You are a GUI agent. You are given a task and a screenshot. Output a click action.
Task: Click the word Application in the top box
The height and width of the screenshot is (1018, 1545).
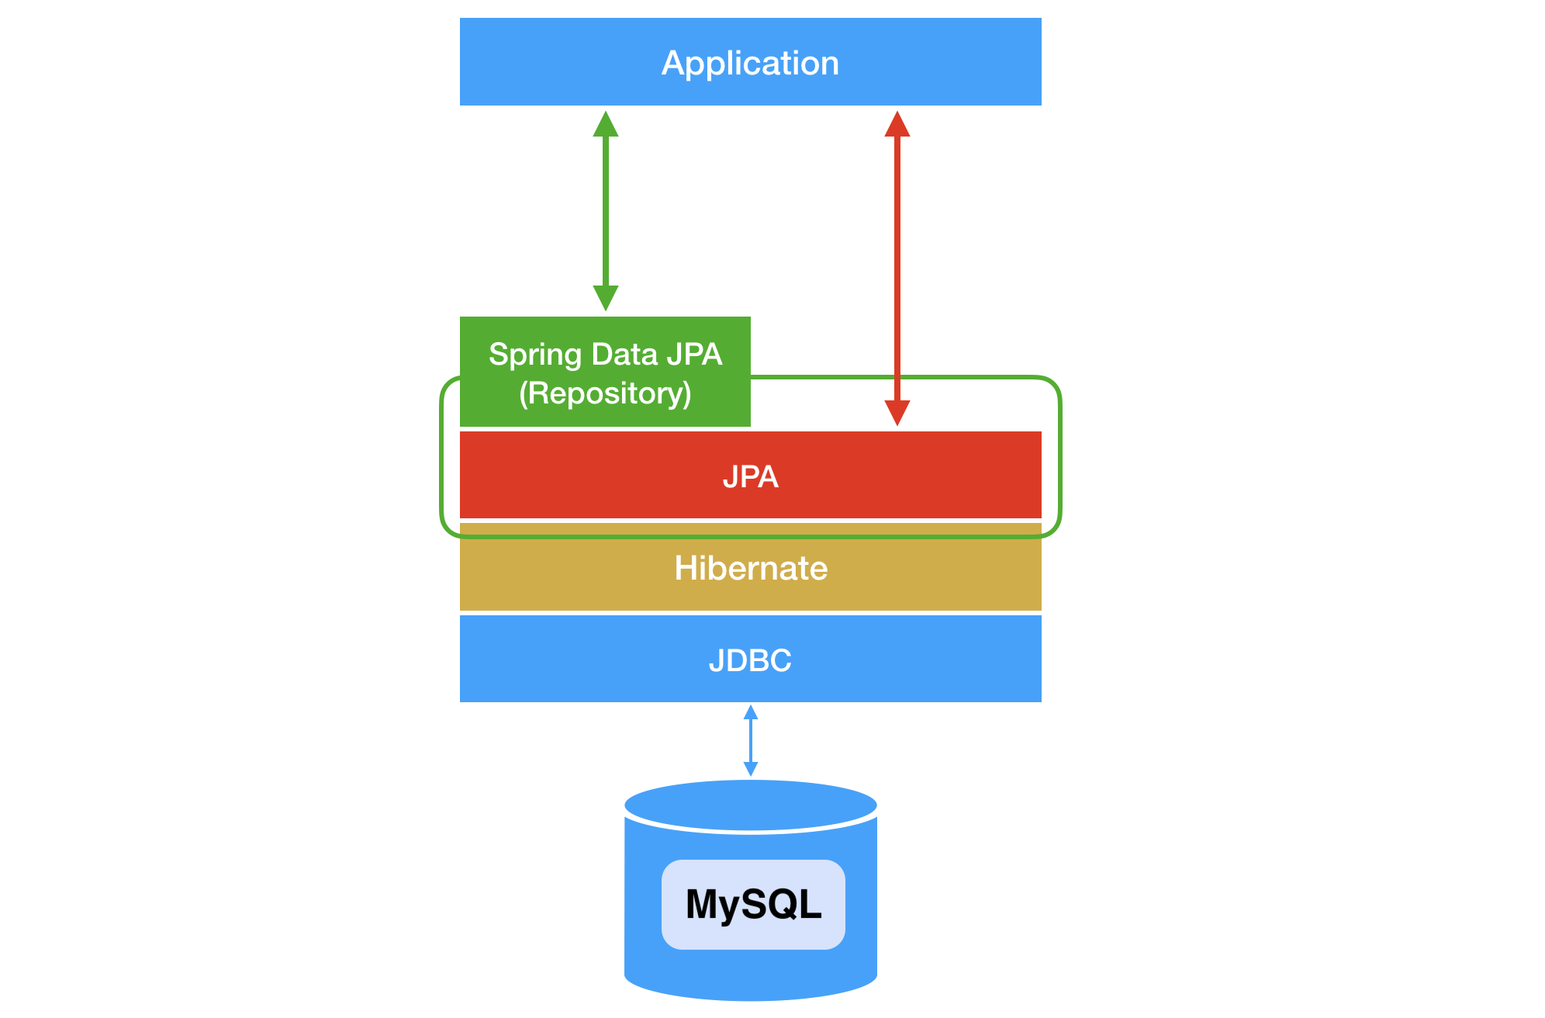[750, 64]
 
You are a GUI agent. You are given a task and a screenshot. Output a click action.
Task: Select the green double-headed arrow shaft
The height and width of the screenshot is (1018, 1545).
[606, 211]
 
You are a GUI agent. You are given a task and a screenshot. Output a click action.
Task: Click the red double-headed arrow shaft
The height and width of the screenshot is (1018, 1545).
[897, 268]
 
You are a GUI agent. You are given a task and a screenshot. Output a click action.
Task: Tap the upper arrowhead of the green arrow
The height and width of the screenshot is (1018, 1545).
[606, 123]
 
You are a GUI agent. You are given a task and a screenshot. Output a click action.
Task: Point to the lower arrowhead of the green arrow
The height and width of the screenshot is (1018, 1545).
[606, 299]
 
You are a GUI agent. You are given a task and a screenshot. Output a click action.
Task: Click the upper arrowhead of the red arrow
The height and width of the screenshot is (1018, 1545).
[897, 123]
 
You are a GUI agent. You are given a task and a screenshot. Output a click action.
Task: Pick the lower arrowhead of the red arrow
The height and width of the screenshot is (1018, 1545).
[897, 414]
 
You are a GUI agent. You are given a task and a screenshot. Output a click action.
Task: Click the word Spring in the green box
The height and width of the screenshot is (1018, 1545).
[535, 355]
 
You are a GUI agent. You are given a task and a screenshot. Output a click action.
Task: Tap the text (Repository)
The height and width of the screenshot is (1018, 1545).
[605, 393]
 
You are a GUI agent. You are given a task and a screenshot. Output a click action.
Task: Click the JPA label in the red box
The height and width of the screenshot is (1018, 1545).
[750, 476]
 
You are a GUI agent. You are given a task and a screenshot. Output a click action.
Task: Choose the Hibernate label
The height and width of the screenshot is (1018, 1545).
[751, 568]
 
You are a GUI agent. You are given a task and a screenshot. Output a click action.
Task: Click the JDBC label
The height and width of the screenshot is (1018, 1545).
[750, 660]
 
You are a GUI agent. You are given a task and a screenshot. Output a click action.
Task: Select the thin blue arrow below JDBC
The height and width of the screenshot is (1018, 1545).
[751, 740]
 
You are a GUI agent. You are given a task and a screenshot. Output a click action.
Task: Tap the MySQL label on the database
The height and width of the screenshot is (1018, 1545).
[753, 905]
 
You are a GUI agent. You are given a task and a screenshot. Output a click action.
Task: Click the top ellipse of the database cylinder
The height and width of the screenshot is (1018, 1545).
[751, 805]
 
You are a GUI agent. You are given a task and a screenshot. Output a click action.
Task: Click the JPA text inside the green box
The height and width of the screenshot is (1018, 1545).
[694, 354]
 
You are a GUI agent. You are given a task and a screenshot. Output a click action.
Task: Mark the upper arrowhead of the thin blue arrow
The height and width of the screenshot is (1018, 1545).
[751, 712]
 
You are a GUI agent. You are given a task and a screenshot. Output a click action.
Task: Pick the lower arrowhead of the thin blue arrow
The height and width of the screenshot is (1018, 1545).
[751, 769]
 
